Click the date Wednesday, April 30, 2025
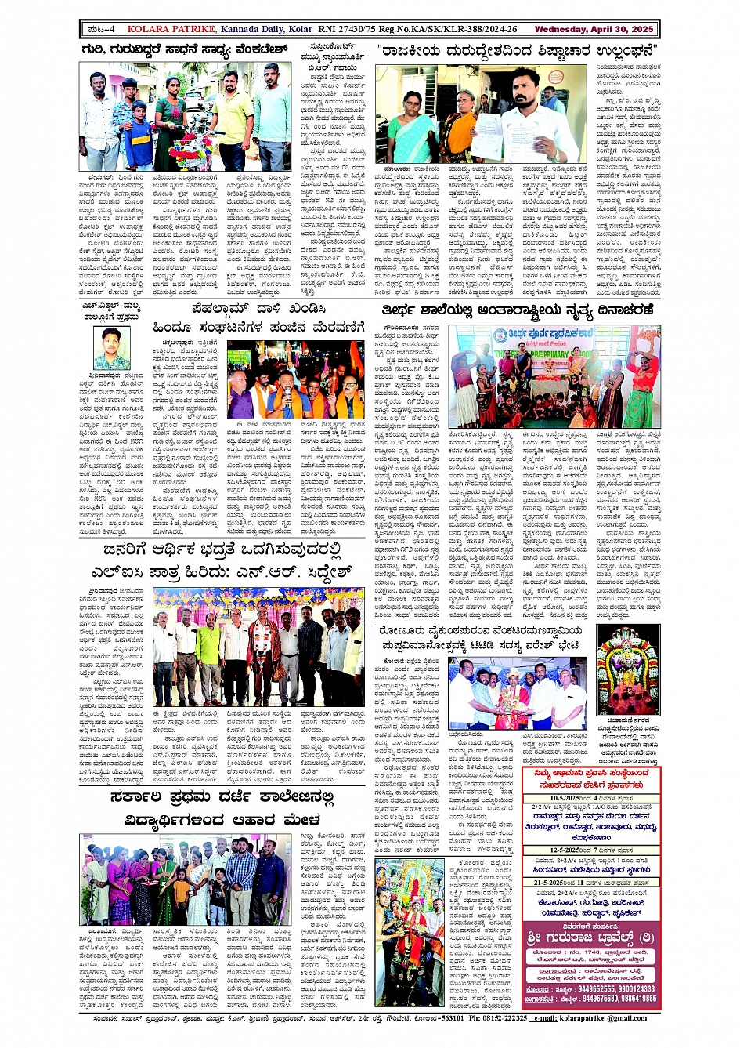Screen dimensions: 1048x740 tap(594, 29)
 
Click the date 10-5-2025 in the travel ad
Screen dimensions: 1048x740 tap(550, 799)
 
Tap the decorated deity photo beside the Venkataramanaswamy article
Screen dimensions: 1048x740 tap(628, 670)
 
